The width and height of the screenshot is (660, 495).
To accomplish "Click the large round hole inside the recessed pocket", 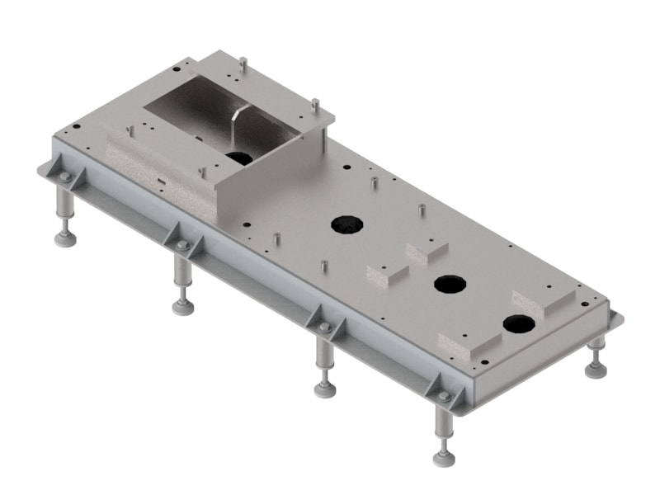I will coord(240,158).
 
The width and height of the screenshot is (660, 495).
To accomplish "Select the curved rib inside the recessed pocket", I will coord(238,123).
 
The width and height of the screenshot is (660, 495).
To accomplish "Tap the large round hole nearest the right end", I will coord(518,323).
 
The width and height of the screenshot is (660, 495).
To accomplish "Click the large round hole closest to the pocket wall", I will coord(347,223).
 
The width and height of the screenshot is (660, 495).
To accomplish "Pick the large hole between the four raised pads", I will coord(450,284).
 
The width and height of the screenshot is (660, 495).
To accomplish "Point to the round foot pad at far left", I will coord(65,239).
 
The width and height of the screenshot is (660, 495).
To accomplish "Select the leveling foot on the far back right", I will coord(596,370).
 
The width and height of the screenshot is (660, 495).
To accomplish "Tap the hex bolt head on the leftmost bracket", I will coord(64,177).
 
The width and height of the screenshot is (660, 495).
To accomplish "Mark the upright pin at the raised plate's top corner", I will coord(243,63).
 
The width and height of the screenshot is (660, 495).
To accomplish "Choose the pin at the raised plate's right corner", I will coord(314,106).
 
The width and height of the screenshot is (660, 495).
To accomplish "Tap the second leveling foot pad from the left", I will coord(183,307).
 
